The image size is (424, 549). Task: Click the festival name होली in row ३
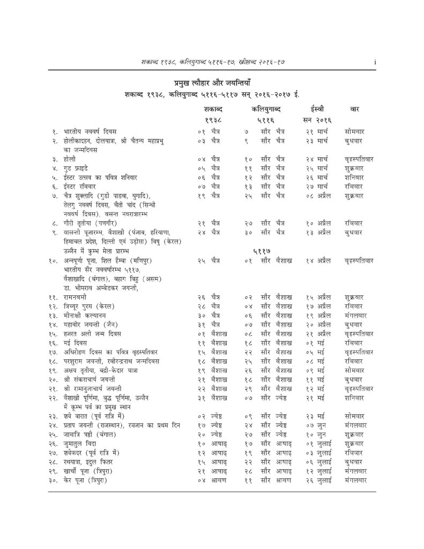point(70,159)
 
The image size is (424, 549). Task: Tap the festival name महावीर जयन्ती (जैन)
point(90,324)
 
